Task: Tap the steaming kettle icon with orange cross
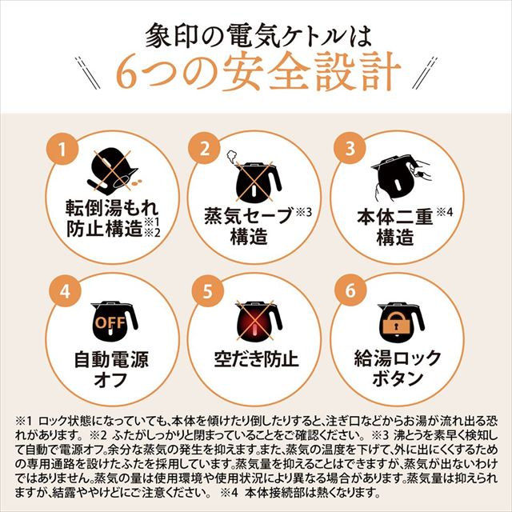(255, 171)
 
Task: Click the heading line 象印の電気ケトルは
(255, 33)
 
